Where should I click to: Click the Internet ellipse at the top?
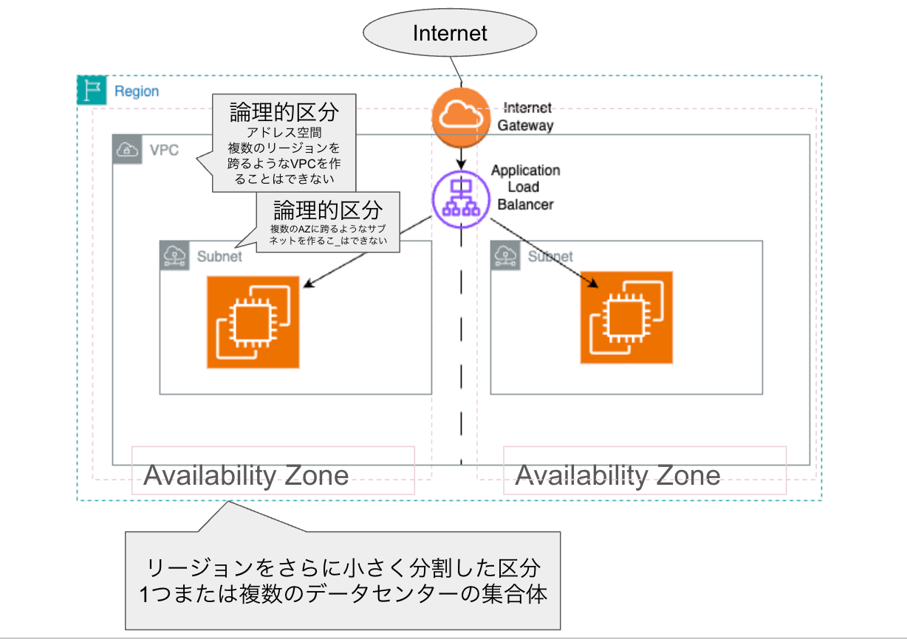tap(450, 33)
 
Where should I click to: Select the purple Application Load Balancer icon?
tap(461, 198)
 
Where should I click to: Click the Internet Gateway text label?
tap(525, 117)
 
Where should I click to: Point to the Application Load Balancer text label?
tap(525, 187)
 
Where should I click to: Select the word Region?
tap(137, 91)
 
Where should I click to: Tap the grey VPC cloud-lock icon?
tap(127, 150)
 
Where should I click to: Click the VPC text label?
tap(165, 150)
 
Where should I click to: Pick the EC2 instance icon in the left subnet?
tap(253, 322)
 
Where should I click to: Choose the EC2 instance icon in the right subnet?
tap(626, 317)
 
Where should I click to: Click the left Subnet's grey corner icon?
tap(175, 255)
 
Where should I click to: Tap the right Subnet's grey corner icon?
tap(506, 255)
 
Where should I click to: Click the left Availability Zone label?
tap(246, 475)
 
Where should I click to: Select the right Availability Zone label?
tap(617, 475)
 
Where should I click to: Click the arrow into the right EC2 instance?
tap(542, 251)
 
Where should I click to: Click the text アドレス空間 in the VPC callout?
tap(284, 133)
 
